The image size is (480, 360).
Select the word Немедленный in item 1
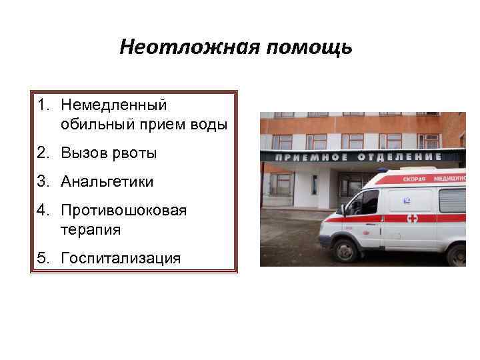113,105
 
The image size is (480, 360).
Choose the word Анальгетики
107,181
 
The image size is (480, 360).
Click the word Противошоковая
123,210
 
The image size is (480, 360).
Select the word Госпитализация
120,258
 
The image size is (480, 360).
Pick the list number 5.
42,258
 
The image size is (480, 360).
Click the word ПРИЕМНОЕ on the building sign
306,157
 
